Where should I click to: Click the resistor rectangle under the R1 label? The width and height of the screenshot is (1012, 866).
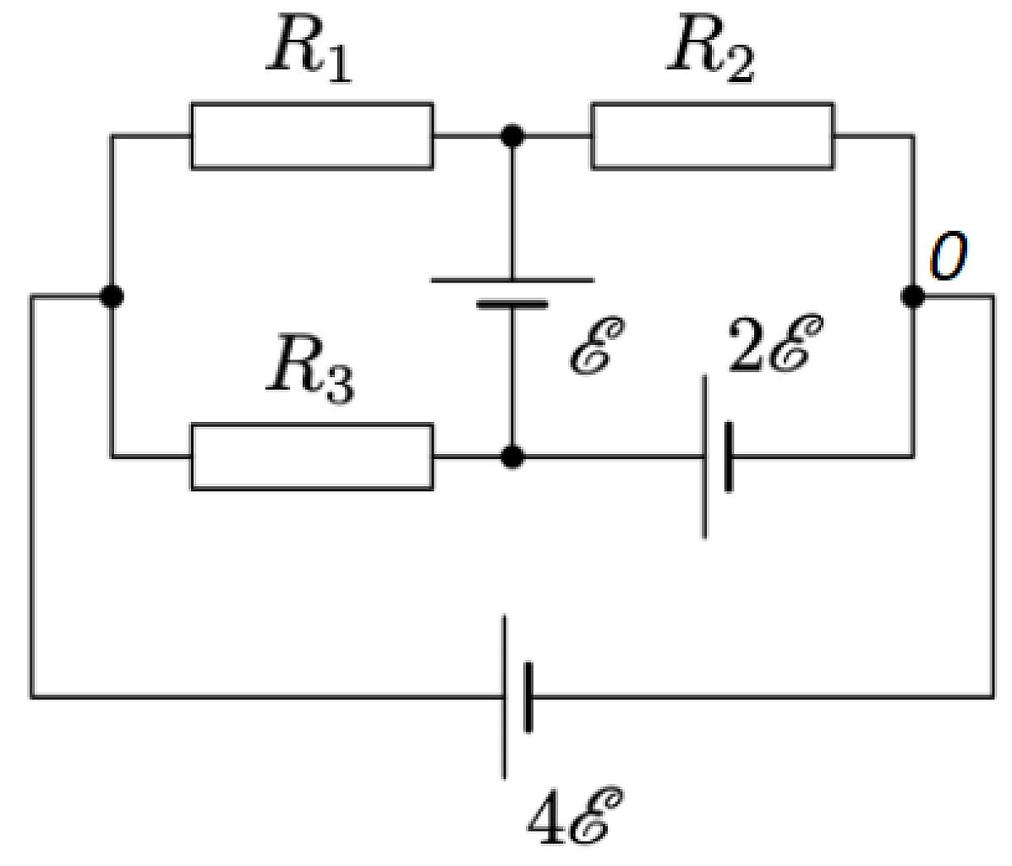[x=312, y=135]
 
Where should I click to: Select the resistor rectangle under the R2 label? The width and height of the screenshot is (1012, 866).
[x=713, y=135]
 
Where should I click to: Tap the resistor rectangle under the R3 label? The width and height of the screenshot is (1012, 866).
[x=312, y=457]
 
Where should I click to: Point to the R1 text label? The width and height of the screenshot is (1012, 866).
[x=310, y=51]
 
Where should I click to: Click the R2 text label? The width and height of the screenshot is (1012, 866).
[x=711, y=51]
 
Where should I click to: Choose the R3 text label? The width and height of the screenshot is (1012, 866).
[x=310, y=370]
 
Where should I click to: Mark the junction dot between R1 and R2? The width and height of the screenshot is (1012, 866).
[x=512, y=135]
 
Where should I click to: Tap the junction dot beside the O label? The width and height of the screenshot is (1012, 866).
[x=913, y=296]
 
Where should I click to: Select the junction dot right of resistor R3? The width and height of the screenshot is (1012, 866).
[x=512, y=457]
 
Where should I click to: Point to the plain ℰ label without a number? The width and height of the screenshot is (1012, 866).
[x=597, y=345]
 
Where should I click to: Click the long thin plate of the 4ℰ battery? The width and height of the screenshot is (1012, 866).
[x=504, y=697]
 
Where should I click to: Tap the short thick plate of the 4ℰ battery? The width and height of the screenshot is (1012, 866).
[x=528, y=697]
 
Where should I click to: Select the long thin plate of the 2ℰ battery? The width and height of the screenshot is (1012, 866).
[x=704, y=457]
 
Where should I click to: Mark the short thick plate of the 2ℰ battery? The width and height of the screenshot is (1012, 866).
[x=729, y=457]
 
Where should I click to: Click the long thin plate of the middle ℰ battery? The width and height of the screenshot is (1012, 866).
[x=512, y=280]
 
